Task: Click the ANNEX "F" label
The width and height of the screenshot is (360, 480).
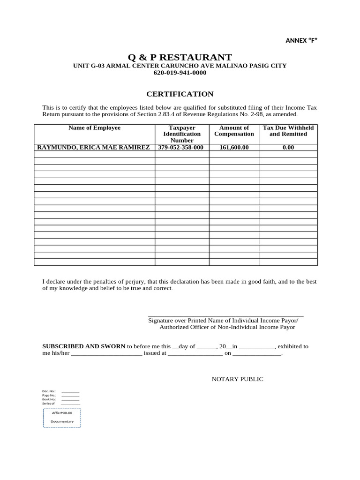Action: click(x=301, y=40)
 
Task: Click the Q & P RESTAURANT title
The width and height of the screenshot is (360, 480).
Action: click(x=180, y=57)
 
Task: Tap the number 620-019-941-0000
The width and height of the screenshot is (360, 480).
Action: click(x=180, y=73)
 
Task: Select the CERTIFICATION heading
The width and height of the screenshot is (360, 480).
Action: click(x=180, y=94)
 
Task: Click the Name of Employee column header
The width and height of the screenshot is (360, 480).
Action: click(x=94, y=128)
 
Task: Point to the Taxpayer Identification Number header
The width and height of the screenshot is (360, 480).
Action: click(x=182, y=134)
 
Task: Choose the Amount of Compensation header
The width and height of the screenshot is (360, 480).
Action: click(x=234, y=131)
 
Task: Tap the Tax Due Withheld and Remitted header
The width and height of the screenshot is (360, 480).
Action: click(x=288, y=131)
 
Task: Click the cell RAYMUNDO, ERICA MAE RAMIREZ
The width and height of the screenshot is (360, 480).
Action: click(x=94, y=147)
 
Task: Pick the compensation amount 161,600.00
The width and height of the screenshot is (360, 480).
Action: click(x=234, y=147)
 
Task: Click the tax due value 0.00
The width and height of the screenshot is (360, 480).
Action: click(x=288, y=147)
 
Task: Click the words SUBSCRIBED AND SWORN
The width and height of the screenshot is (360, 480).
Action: click(x=84, y=346)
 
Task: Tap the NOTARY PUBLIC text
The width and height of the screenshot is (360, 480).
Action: click(x=237, y=379)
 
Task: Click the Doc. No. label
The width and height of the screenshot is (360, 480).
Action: click(x=49, y=391)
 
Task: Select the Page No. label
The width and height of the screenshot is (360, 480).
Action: click(x=49, y=395)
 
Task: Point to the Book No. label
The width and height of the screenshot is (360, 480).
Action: click(x=49, y=399)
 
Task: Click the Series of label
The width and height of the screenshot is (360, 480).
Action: click(x=48, y=404)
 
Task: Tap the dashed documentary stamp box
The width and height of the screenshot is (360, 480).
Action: click(x=62, y=417)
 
